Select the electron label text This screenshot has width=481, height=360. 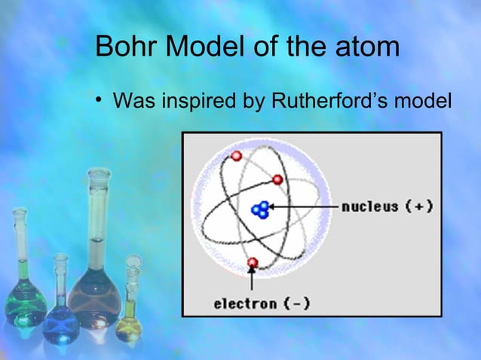coord(241,304)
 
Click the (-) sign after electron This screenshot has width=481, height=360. coord(296,304)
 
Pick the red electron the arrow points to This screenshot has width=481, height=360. coord(253,263)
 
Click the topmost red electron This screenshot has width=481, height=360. coord(236,156)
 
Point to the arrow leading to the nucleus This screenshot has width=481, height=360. coord(302,206)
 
